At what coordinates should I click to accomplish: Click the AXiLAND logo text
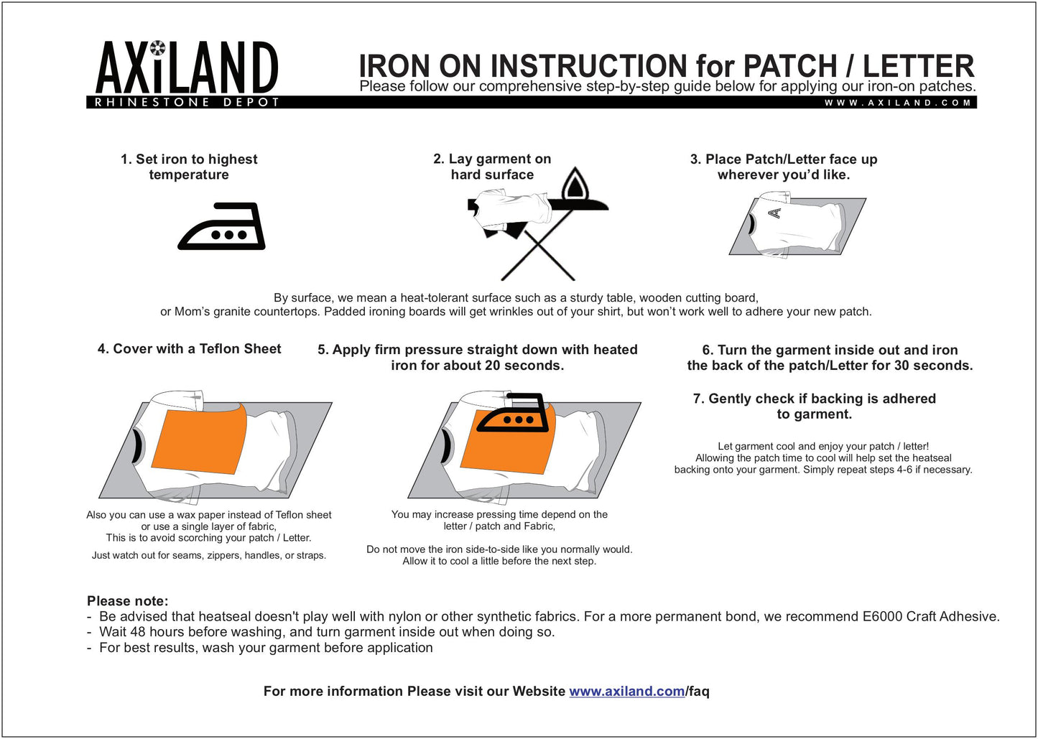(x=187, y=68)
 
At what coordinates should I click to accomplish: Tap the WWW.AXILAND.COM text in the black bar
(x=898, y=103)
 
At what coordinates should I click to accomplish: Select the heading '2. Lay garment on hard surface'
(x=492, y=167)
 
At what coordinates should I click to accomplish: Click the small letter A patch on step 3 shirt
(x=774, y=213)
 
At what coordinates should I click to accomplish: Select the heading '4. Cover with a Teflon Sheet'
(x=189, y=349)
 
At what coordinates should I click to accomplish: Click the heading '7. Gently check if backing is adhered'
(x=814, y=406)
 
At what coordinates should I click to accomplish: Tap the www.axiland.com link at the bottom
(x=626, y=692)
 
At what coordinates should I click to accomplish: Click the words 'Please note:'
(x=127, y=601)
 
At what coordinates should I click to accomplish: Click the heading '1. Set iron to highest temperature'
(x=189, y=167)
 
